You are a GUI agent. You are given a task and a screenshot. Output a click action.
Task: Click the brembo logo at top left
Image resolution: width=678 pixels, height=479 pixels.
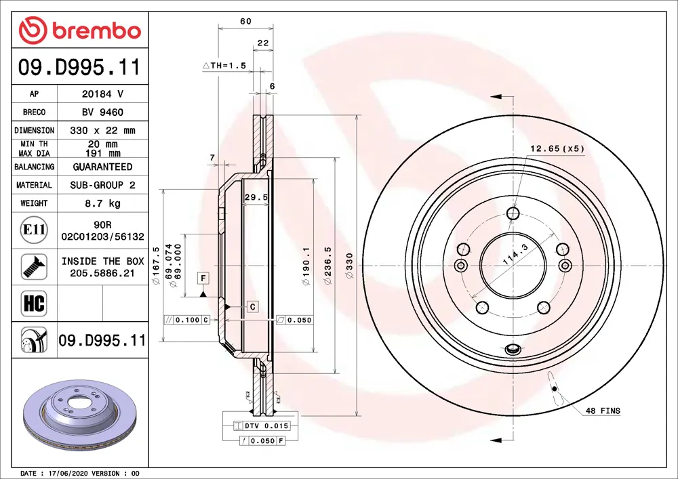coord(80,30)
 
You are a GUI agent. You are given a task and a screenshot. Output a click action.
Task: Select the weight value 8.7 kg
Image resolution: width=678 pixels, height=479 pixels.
coord(102,203)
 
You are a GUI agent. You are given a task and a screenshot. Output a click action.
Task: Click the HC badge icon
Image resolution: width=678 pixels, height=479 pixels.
coord(34,303)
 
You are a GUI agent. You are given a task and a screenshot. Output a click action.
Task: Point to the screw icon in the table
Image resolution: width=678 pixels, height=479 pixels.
coord(33,266)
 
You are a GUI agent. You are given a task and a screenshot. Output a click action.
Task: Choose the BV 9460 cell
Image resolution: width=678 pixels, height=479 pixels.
coord(102,112)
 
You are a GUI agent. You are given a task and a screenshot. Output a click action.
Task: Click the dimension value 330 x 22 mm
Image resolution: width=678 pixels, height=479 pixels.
coord(102,130)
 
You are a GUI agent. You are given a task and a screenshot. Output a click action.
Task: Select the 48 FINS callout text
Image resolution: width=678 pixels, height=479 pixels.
coord(601,411)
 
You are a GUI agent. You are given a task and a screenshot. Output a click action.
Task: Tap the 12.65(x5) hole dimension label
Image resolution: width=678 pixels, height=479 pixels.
coord(557,148)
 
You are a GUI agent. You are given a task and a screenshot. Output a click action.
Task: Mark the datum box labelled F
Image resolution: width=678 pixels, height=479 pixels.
coord(203,278)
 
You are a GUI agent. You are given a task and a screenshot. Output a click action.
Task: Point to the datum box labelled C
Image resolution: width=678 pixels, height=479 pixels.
coord(252,307)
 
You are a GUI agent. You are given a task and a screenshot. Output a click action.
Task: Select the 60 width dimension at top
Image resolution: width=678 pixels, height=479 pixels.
coord(245,22)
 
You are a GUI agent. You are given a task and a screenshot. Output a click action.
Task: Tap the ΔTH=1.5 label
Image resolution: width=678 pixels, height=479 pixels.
coord(224,66)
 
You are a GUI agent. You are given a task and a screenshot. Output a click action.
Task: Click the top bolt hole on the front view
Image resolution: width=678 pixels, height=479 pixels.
coord(513,215)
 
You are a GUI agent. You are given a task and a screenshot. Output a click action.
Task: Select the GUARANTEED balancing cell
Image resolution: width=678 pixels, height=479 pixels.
coord(102,167)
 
